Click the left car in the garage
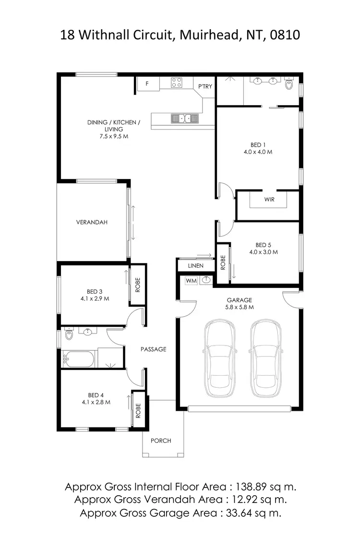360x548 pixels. (x=220, y=358)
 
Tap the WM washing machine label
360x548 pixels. (x=191, y=280)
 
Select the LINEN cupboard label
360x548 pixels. (x=195, y=265)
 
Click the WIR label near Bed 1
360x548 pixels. (x=269, y=199)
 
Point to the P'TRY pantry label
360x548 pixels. (x=205, y=86)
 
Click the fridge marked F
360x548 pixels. (x=147, y=83)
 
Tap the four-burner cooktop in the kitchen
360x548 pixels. (x=177, y=83)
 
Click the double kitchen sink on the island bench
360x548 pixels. (x=184, y=118)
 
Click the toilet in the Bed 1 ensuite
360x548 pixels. (x=289, y=85)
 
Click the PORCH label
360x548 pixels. (x=161, y=441)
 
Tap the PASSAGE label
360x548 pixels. (x=153, y=349)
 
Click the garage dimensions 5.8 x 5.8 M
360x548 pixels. (x=240, y=307)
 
